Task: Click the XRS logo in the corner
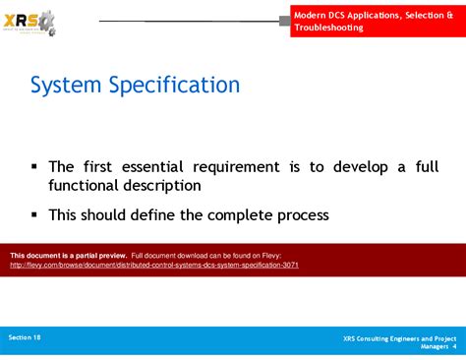[x=30, y=23]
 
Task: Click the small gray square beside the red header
[x=285, y=21]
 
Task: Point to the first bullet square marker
[x=34, y=167]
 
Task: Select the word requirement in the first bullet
[x=250, y=167]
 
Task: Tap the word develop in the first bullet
[x=364, y=167]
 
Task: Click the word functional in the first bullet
[x=91, y=185]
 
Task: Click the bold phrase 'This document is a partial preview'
[x=68, y=255]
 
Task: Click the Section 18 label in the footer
[x=26, y=337]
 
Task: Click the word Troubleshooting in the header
[x=328, y=28]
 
